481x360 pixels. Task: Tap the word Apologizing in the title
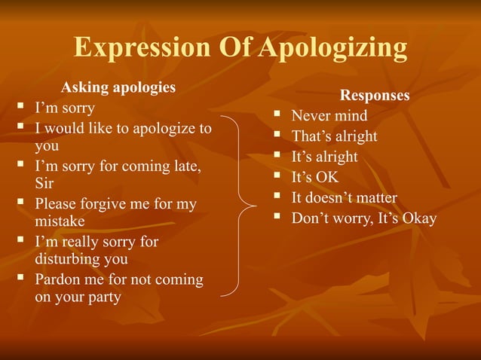pyautogui.click(x=333, y=48)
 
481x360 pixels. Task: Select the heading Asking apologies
pyautogui.click(x=118, y=87)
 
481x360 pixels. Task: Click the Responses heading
pyautogui.click(x=375, y=96)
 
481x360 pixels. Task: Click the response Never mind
pyautogui.click(x=329, y=116)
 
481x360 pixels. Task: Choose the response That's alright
pyautogui.click(x=334, y=136)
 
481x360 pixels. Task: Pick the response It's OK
pyautogui.click(x=315, y=178)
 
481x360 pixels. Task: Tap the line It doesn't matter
pyautogui.click(x=344, y=198)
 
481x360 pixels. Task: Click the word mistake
pyautogui.click(x=60, y=222)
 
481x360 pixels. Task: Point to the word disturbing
pyautogui.click(x=69, y=260)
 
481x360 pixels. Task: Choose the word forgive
pyautogui.click(x=109, y=203)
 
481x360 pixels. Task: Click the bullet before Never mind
pyautogui.click(x=277, y=116)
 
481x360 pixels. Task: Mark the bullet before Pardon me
pyautogui.click(x=21, y=279)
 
